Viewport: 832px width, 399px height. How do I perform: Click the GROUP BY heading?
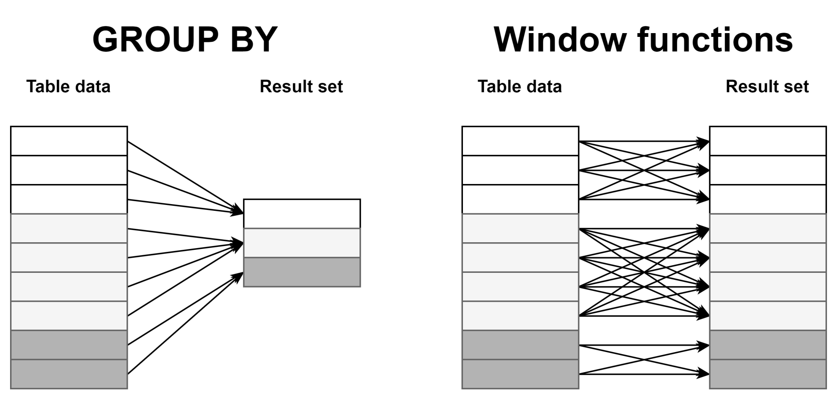coord(185,39)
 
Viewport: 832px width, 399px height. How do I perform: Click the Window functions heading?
coord(643,39)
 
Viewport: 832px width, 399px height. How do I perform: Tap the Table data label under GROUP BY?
coord(68,87)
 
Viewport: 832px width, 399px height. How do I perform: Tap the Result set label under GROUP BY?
coord(301,87)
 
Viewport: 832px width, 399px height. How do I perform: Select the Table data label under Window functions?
coord(519,87)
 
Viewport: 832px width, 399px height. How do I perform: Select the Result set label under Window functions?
coord(767,87)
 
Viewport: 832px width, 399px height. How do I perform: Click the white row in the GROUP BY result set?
coord(302,214)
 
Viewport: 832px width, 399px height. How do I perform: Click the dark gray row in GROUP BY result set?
coord(302,272)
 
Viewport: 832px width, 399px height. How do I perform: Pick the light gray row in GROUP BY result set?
coord(302,243)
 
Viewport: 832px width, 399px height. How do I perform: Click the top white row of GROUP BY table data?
coord(69,141)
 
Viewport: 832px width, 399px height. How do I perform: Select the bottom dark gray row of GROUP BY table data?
coord(69,374)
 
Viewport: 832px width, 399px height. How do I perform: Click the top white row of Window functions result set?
coord(767,141)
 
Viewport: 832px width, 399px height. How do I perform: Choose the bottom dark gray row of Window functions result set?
coord(767,374)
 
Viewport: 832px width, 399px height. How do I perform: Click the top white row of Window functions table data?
coord(520,141)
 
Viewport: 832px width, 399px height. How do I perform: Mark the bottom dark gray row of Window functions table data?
coord(520,374)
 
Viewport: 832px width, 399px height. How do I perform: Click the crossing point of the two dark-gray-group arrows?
coord(644,360)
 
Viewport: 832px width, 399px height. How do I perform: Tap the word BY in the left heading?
coord(253,39)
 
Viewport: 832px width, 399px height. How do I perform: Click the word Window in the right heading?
coord(560,39)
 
